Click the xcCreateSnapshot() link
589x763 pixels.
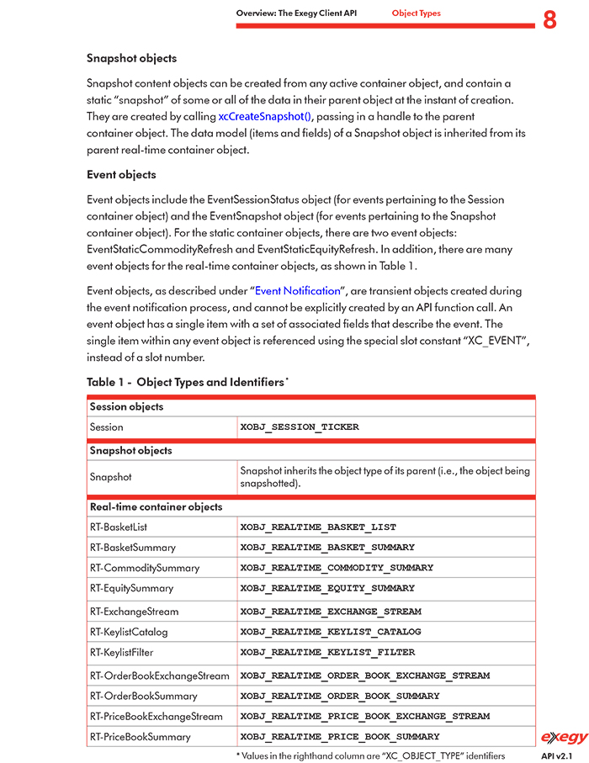pos(264,117)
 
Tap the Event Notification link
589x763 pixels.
pos(297,291)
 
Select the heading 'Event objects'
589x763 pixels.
pos(121,175)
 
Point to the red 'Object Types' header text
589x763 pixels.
pos(416,13)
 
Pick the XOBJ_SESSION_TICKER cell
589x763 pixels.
pos(300,427)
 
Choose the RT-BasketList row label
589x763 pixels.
pos(119,527)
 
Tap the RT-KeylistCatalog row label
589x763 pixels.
pos(129,632)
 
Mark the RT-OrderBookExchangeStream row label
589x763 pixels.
pos(160,676)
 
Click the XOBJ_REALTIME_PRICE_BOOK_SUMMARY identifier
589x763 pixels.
pos(340,737)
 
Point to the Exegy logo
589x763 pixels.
pos(564,738)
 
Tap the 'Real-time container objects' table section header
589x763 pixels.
pos(157,507)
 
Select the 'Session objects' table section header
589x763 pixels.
pos(126,407)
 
